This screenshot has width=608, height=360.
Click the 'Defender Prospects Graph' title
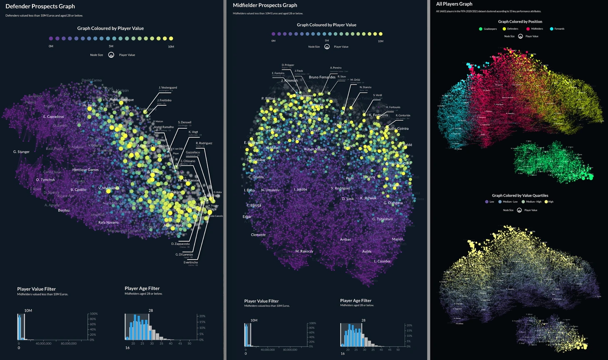(40, 6)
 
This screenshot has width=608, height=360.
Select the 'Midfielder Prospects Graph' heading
(265, 5)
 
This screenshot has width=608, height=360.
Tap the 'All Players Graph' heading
(454, 4)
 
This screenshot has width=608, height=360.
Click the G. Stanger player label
(21, 152)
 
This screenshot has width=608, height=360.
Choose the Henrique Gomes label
(85, 170)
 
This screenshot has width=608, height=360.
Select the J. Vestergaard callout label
(168, 87)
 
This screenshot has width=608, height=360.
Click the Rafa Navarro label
(108, 222)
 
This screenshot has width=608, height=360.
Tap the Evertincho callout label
(191, 262)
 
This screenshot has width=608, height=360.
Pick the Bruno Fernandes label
(322, 77)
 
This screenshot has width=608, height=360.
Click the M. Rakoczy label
(304, 251)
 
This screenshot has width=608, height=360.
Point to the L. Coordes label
(382, 261)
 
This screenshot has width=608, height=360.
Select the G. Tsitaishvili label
(382, 219)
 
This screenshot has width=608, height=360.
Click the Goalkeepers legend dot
(481, 29)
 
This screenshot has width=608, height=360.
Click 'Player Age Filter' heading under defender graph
(142, 288)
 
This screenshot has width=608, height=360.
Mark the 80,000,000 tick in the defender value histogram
(69, 343)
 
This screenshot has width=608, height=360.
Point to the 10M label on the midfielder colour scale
(380, 41)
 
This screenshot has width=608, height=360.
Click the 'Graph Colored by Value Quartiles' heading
(520, 195)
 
